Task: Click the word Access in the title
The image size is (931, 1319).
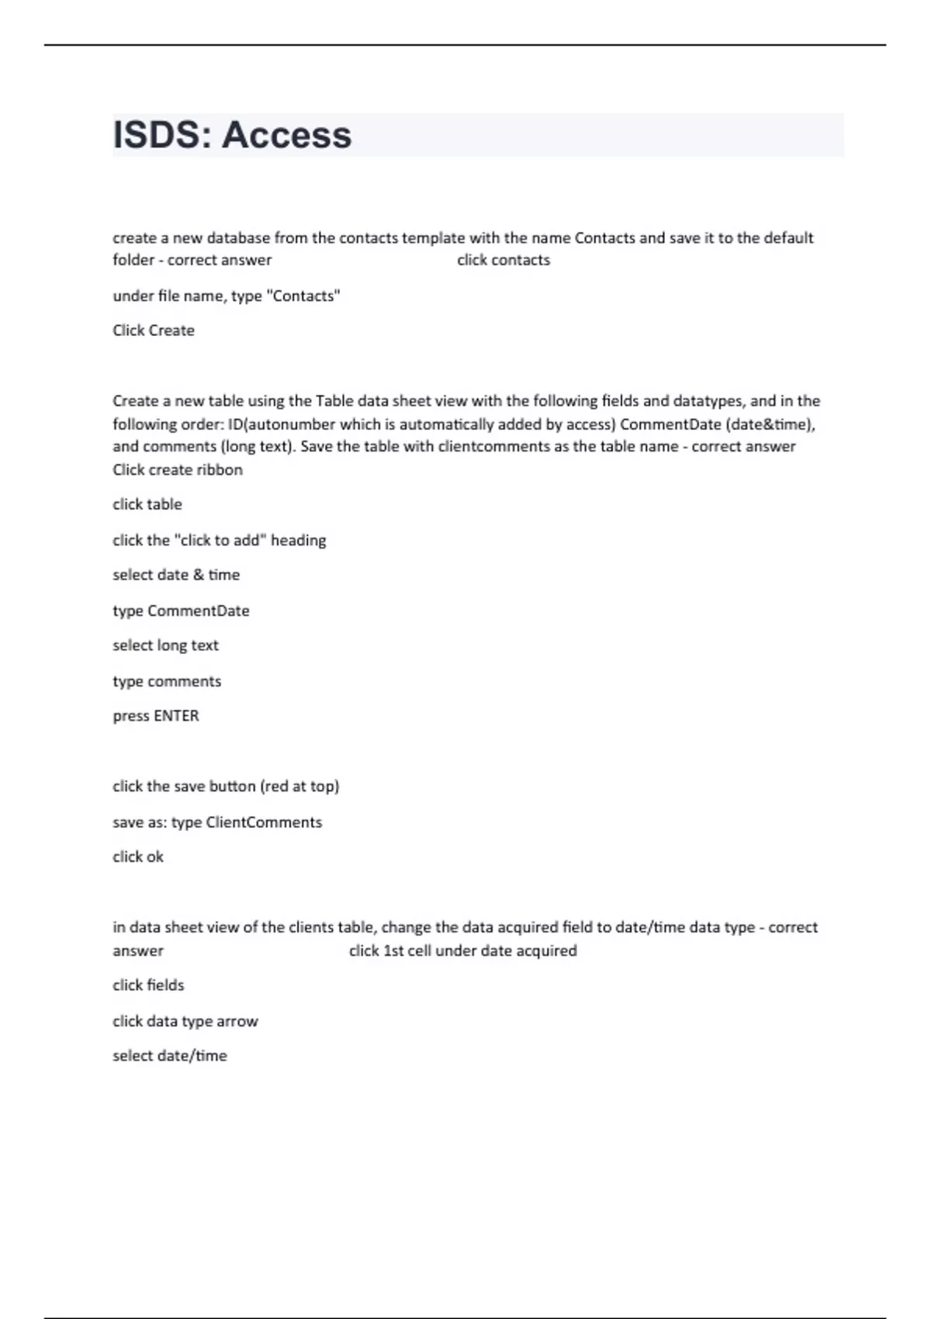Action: click(x=286, y=135)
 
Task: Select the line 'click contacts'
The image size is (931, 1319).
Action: click(x=503, y=260)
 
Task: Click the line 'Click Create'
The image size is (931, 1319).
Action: click(x=154, y=331)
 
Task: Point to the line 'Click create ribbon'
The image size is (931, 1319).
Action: click(x=178, y=469)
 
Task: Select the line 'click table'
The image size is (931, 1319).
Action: click(x=147, y=504)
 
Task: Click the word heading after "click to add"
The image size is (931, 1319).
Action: click(x=298, y=540)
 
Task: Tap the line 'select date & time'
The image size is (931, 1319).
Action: click(x=176, y=575)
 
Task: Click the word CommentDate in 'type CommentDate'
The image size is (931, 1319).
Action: click(x=198, y=611)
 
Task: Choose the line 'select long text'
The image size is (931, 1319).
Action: click(x=165, y=646)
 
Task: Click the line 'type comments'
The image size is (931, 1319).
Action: click(x=167, y=681)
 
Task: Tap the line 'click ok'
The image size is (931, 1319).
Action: click(x=138, y=857)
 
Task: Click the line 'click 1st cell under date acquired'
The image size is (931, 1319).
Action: click(x=462, y=950)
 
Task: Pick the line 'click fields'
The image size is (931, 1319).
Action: click(x=148, y=985)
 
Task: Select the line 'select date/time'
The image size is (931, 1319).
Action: click(x=170, y=1056)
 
